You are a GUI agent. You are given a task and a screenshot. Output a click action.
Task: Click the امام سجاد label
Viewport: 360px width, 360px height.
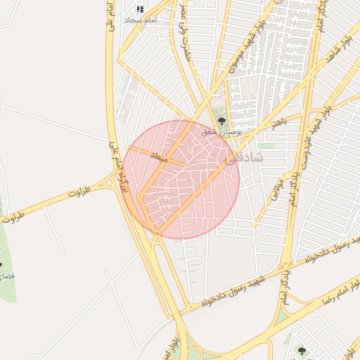click(x=141, y=21)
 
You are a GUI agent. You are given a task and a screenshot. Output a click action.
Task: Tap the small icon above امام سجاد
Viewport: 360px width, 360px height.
click(x=140, y=9)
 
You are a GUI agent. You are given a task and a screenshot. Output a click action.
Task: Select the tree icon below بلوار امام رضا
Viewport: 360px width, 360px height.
click(x=302, y=349)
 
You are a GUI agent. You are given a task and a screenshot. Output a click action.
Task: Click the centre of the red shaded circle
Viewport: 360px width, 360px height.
click(x=181, y=179)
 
